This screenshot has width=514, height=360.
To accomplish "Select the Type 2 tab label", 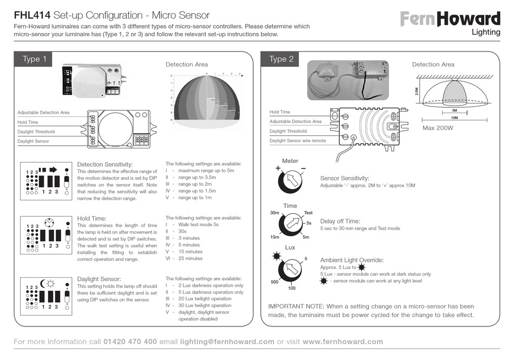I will [x=281, y=59].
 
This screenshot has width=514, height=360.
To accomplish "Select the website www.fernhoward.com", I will [x=342, y=342].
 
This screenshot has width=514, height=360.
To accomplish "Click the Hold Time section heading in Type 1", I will [x=92, y=218].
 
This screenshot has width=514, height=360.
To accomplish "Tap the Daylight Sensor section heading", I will [x=99, y=279].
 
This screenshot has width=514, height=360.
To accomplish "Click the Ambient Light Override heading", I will [x=352, y=260].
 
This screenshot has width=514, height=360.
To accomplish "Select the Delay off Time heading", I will [x=340, y=221].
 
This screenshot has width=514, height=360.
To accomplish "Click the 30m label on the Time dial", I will [x=274, y=213].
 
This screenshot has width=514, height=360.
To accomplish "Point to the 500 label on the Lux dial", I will [x=274, y=282].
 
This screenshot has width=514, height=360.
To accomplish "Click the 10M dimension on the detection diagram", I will [x=454, y=117].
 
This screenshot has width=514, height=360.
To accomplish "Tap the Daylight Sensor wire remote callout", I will [x=298, y=141].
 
